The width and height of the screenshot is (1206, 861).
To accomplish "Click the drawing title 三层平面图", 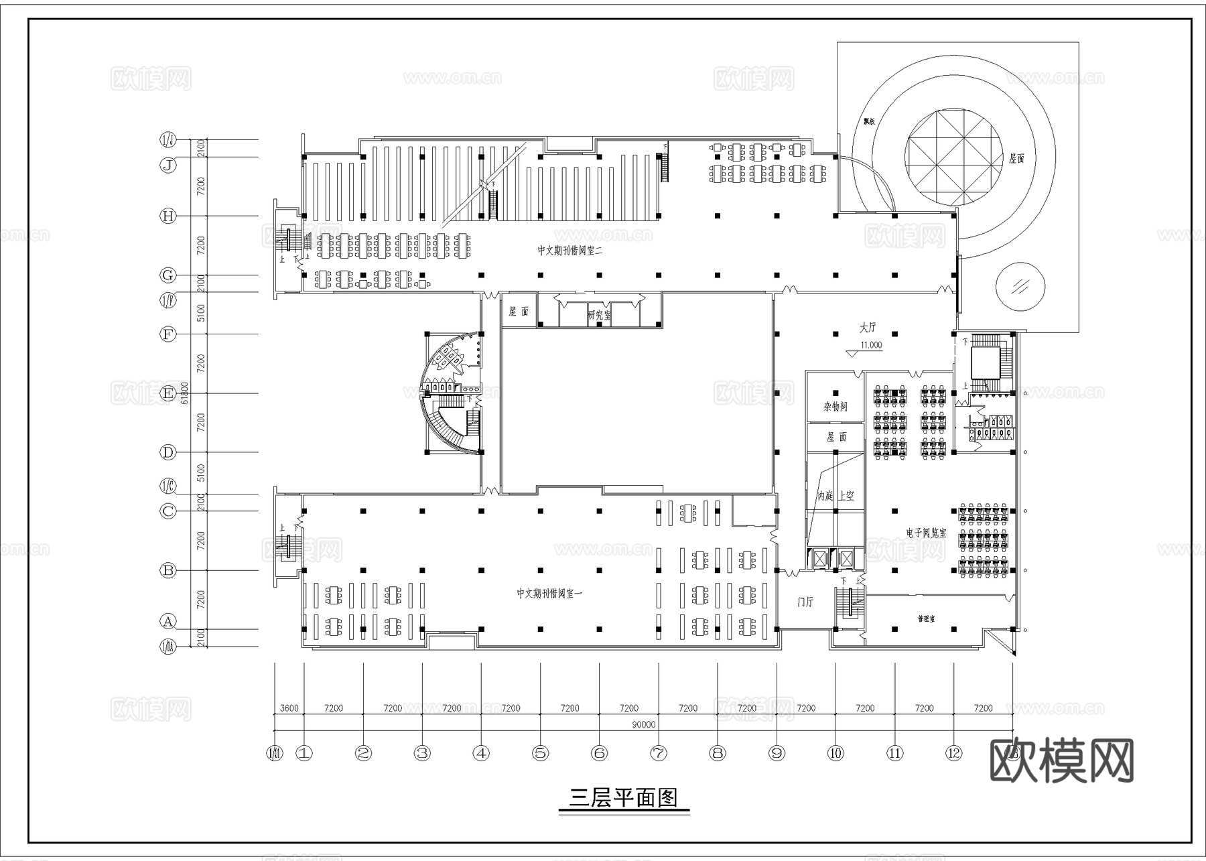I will click(x=623, y=797).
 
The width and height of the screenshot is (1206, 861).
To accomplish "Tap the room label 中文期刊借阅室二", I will click(x=570, y=251).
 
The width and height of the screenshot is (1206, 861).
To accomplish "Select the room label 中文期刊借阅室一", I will click(x=549, y=594).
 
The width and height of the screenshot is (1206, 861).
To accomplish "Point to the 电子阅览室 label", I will click(x=926, y=533).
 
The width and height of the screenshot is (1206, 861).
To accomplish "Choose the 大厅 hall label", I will click(x=868, y=328).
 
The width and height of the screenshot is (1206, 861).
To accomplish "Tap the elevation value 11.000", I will click(x=871, y=346).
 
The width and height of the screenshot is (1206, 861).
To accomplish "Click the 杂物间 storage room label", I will click(x=835, y=407).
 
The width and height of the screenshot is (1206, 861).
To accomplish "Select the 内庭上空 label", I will click(x=835, y=496).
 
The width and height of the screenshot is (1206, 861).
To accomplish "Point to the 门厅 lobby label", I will click(x=805, y=602).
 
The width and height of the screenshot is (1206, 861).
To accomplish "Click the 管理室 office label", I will click(x=927, y=620).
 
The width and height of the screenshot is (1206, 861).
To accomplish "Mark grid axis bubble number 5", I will click(x=540, y=753).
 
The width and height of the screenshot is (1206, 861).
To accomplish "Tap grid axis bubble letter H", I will click(x=167, y=216).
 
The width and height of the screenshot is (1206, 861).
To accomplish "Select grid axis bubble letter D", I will click(x=167, y=452).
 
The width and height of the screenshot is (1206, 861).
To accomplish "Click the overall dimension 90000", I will click(x=643, y=725).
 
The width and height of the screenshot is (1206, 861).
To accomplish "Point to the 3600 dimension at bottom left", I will click(x=289, y=708).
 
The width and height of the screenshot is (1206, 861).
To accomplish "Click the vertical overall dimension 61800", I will click(x=185, y=393).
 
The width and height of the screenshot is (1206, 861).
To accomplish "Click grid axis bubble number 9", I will click(x=777, y=753).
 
